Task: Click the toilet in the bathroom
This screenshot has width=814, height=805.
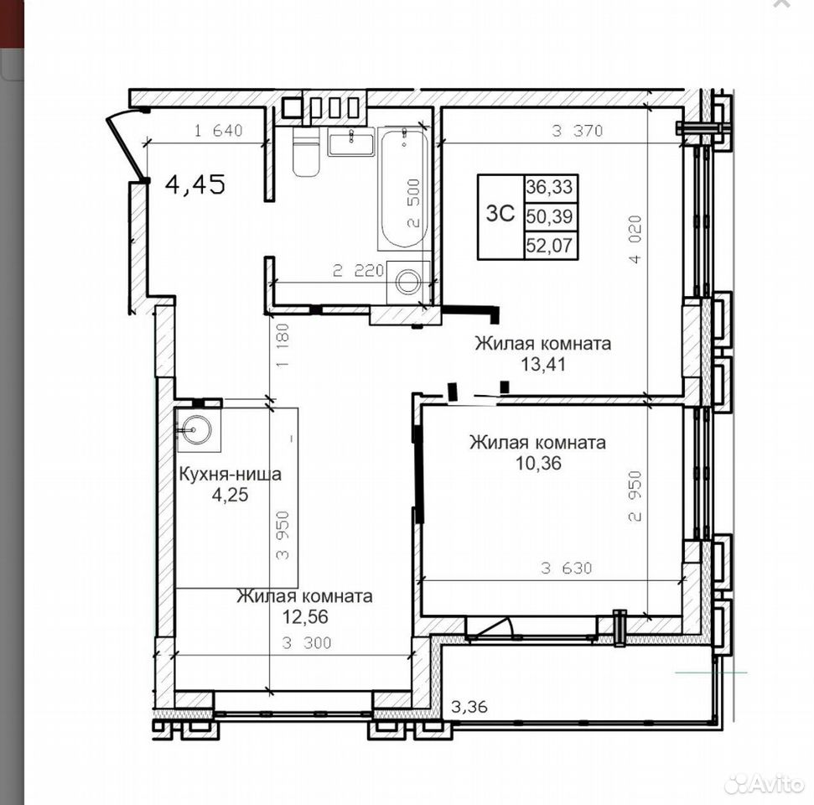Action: tap(306, 151)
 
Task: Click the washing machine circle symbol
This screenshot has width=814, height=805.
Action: tap(408, 282)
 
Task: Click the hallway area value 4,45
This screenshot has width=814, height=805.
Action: tap(195, 184)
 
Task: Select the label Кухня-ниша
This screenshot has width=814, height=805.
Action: tap(230, 474)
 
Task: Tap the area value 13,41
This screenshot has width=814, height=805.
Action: tap(543, 364)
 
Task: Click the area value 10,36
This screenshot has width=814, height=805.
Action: tap(538, 462)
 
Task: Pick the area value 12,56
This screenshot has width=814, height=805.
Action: tap(305, 616)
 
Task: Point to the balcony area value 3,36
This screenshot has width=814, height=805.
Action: tap(469, 706)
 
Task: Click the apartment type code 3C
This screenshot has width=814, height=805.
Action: tap(500, 213)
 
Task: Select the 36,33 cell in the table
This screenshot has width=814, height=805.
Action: tap(549, 186)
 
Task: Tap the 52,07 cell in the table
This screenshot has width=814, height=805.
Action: tap(549, 245)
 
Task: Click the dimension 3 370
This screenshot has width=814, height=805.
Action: tap(577, 130)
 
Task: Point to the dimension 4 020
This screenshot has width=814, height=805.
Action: tap(636, 240)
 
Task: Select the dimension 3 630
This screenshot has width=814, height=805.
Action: tap(566, 568)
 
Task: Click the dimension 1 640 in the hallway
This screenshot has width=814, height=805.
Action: tap(219, 130)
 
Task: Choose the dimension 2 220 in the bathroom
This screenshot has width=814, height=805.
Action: tap(358, 270)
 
